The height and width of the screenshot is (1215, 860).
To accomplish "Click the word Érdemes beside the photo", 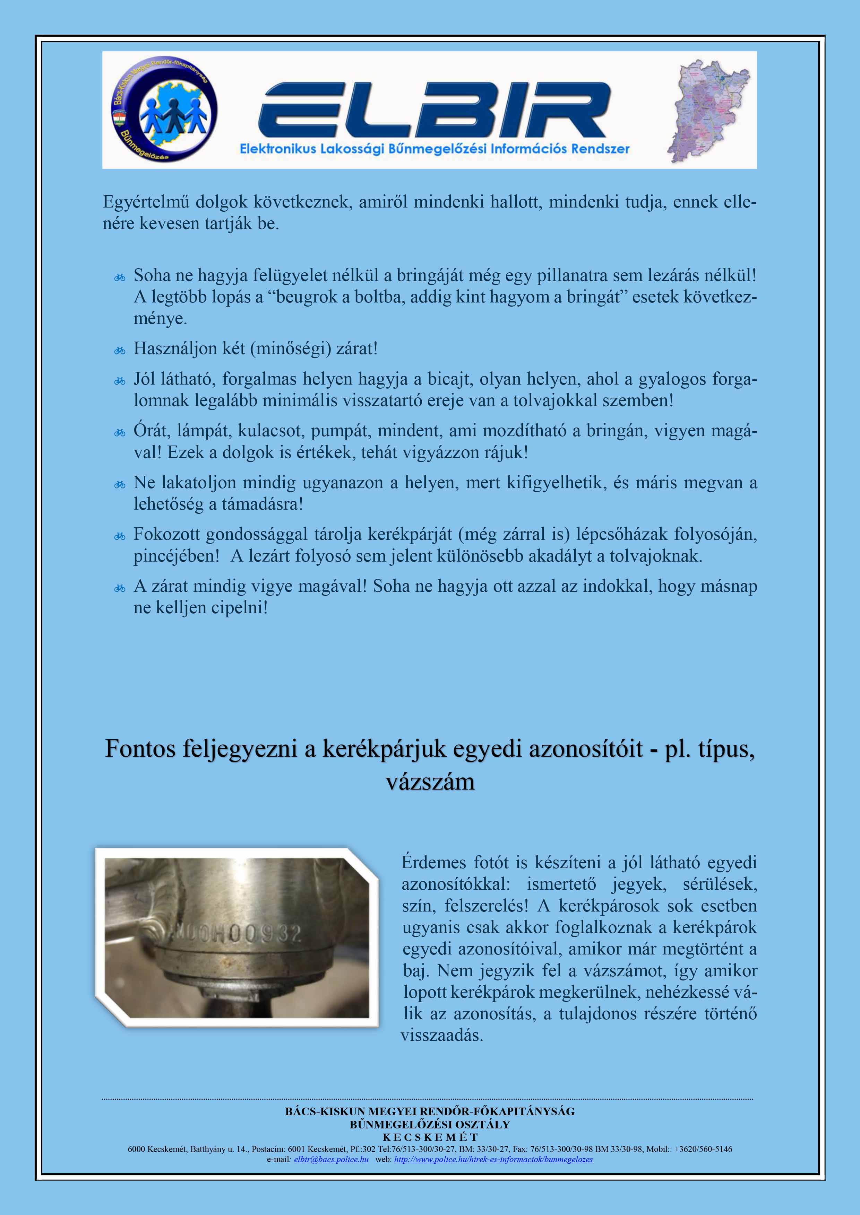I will tap(433, 863).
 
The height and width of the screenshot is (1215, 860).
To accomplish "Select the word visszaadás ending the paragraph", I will tap(442, 1035).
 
